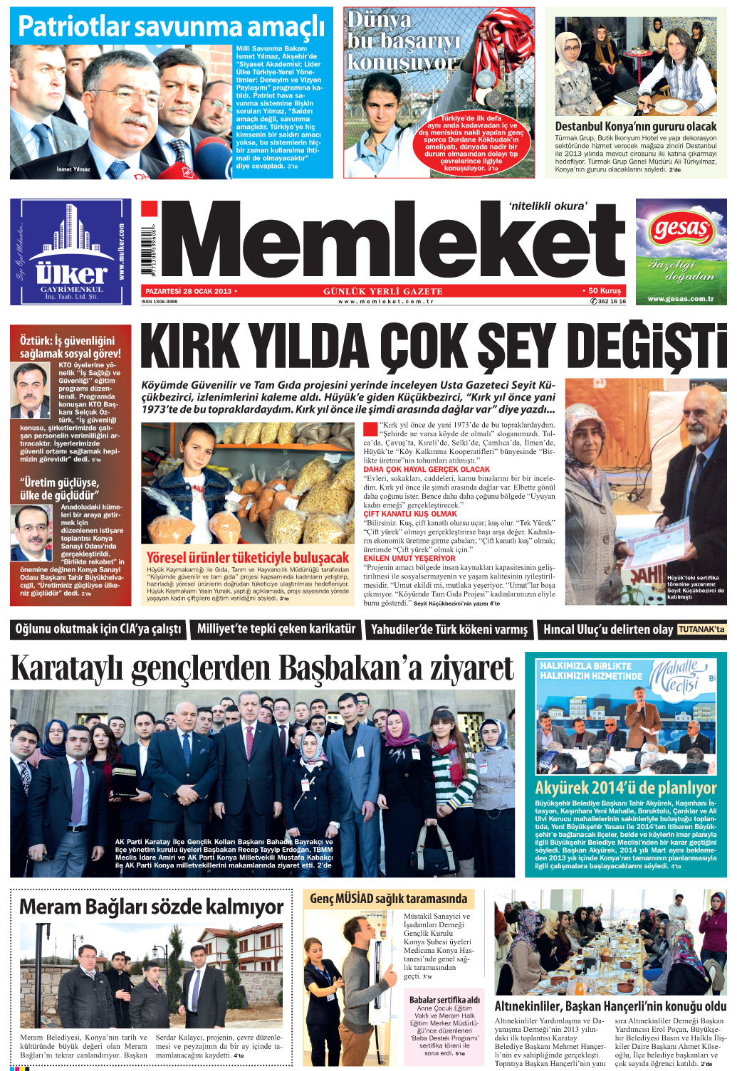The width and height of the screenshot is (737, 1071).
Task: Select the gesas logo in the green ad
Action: click(681, 229)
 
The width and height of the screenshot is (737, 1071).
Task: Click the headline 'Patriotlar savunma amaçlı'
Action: click(171, 27)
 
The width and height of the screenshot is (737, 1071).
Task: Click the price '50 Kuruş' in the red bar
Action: click(605, 290)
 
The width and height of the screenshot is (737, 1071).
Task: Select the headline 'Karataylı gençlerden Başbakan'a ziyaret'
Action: click(262, 669)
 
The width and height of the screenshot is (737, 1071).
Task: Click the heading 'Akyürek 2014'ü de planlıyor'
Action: click(626, 788)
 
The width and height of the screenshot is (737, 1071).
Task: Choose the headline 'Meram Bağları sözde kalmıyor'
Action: click(151, 907)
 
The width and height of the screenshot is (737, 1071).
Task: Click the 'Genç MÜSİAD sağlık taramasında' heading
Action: click(388, 899)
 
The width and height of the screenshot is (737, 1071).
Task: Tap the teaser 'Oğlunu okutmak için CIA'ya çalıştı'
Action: click(99, 628)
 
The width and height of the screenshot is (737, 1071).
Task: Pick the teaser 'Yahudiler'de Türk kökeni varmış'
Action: click(449, 629)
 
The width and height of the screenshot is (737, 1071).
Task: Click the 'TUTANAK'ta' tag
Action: click(701, 629)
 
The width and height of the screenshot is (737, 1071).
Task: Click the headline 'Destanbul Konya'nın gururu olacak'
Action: click(636, 126)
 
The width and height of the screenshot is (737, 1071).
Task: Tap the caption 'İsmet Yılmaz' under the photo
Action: click(73, 169)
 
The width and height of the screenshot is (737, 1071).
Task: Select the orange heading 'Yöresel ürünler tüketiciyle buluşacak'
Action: click(248, 557)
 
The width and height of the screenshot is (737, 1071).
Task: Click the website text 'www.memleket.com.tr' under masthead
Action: click(386, 302)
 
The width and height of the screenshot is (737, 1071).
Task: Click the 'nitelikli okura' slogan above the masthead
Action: click(548, 206)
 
